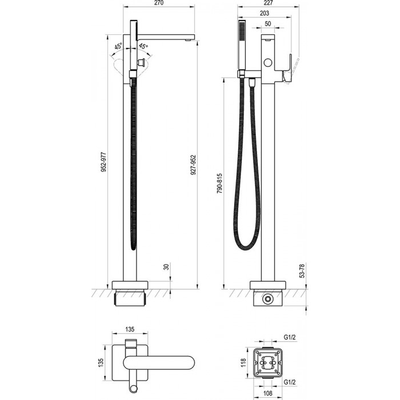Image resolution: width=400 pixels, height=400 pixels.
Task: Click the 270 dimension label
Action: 159,3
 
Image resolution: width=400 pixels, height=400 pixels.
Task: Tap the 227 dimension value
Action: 268,3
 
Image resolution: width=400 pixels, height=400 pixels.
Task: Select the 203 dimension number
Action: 264,13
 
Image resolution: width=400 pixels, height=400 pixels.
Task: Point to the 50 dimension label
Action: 268,24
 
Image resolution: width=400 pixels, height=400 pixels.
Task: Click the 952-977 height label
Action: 103,162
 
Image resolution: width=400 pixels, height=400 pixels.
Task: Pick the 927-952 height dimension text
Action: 194,165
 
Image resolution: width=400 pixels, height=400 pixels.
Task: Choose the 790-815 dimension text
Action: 219,183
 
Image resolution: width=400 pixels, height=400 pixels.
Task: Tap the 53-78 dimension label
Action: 302,271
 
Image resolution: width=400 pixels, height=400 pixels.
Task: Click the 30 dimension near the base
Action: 166,267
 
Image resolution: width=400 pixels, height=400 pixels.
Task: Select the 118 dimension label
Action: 243,362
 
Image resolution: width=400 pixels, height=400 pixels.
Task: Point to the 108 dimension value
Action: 267,393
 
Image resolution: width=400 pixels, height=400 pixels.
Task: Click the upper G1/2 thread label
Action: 290,337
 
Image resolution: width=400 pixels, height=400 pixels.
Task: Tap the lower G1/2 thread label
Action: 290,382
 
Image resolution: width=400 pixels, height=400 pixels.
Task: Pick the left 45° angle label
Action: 118,47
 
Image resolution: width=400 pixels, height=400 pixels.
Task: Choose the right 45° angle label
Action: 143,46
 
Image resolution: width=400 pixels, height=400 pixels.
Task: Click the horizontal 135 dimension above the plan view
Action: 130,329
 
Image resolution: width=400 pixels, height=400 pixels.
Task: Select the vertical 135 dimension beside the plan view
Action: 101,362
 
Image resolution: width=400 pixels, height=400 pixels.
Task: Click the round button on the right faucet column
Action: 268,62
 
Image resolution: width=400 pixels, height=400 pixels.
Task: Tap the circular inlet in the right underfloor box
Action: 267,299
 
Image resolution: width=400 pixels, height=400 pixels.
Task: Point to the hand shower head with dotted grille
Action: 241,45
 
